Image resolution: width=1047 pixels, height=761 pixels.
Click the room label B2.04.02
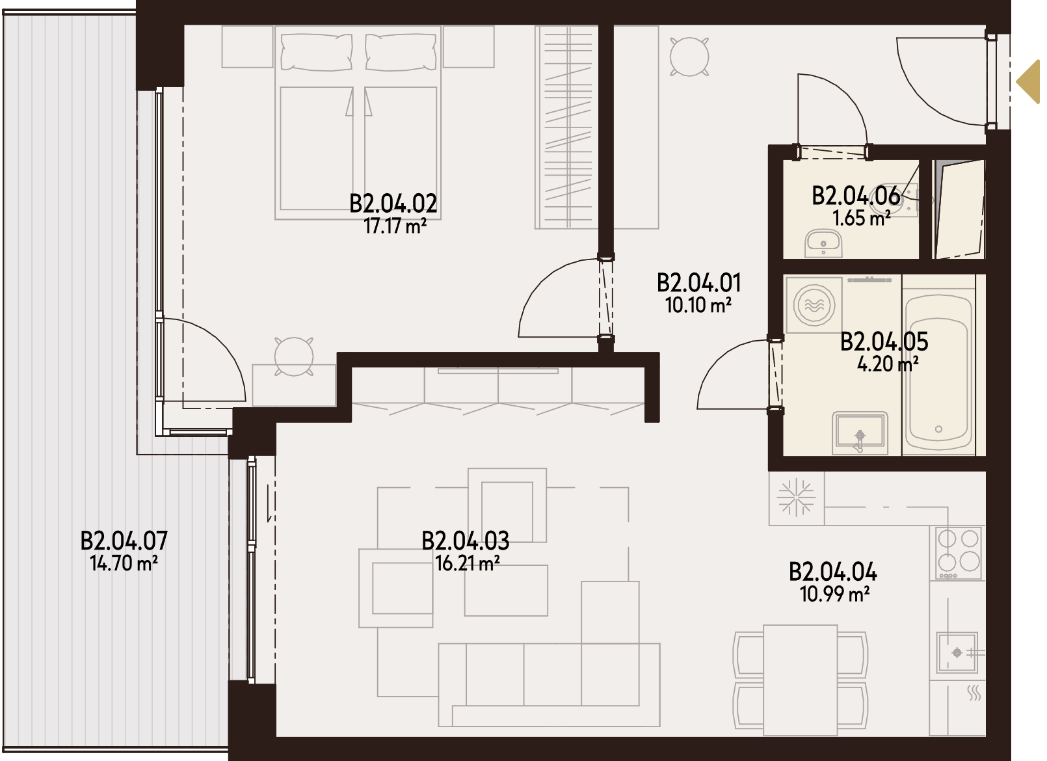393,204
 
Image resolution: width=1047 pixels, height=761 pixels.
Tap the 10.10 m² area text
698,306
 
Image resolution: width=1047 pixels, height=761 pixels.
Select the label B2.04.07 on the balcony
124,541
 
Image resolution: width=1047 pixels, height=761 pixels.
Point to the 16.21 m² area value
468,564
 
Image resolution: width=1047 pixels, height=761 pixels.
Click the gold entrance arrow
1029,81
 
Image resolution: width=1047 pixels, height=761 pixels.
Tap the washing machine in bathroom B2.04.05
816,305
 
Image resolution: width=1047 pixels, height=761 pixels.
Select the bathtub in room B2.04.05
938,366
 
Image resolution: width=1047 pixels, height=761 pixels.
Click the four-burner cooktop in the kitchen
958,553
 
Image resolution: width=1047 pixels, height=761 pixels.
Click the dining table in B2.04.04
800,680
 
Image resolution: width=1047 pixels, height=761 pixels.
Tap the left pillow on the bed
317,52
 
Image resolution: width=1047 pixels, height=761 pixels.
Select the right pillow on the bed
400,52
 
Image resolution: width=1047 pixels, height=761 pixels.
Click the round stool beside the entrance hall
689,57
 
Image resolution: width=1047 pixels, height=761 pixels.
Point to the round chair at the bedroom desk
293,356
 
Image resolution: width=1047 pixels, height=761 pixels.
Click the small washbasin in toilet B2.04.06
823,243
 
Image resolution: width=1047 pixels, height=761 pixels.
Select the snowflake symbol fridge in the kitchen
796,498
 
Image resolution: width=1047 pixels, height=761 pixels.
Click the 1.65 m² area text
862,219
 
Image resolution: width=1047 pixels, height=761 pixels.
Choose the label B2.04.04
833,572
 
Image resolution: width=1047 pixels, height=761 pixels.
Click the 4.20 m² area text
888,364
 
